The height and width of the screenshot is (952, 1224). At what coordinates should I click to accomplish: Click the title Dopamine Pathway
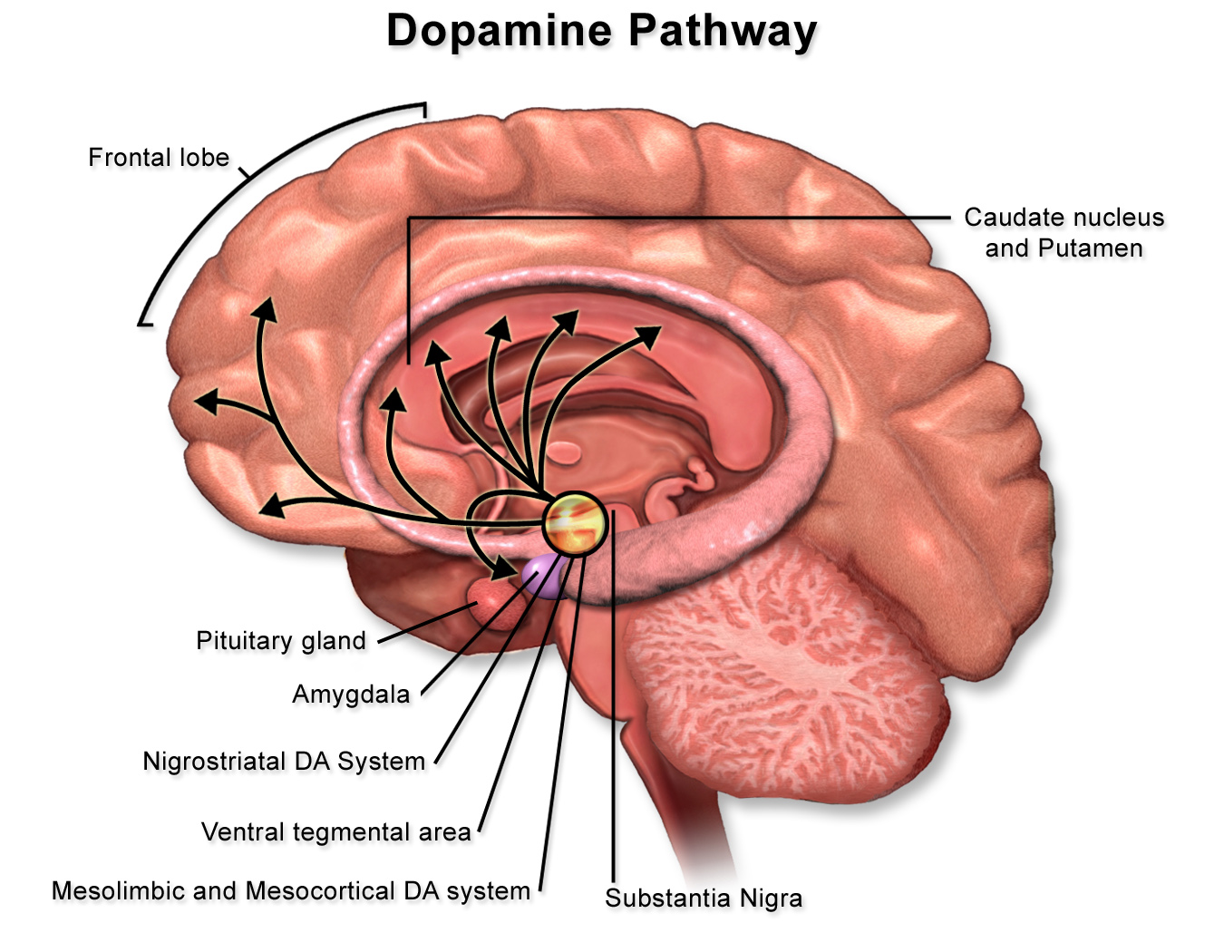pos(601,31)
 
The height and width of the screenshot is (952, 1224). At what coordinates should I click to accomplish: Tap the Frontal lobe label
pos(159,158)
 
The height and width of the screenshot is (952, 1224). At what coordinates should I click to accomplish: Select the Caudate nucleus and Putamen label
pos(1064,233)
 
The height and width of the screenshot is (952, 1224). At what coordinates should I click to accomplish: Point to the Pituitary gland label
pos(281,641)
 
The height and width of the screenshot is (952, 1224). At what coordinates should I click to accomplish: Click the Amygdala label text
pos(351,695)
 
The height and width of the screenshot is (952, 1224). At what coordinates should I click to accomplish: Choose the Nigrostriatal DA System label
pos(284,762)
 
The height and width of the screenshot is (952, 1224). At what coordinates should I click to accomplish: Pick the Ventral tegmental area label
pos(335,832)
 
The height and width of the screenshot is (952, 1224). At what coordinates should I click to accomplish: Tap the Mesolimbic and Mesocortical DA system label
pos(290,891)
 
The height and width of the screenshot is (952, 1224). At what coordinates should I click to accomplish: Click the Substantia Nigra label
pos(704,899)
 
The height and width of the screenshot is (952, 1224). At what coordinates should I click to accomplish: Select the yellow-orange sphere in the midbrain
pos(574,523)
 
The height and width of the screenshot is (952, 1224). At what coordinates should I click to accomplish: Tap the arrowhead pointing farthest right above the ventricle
pos(650,336)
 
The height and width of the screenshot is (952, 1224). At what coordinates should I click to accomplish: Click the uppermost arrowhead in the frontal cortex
pos(265,308)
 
